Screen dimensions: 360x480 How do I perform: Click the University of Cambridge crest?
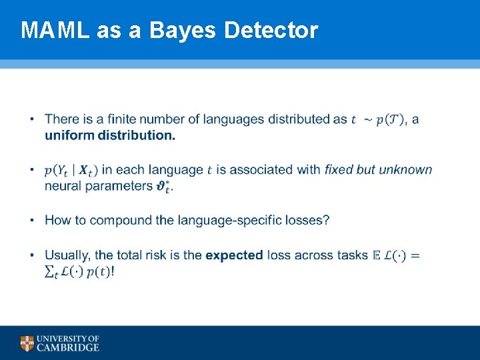coord(27,343)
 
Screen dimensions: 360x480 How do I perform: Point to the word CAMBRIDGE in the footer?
coord(69,347)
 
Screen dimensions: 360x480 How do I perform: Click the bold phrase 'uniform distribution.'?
coord(110,135)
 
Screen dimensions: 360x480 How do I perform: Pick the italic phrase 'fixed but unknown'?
coord(378,169)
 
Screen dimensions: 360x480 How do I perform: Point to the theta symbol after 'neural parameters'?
coord(163,186)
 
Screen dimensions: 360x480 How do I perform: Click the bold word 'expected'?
coord(234,255)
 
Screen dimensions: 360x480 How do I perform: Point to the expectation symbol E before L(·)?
coord(376,255)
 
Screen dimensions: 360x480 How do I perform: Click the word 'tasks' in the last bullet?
coord(351,255)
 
